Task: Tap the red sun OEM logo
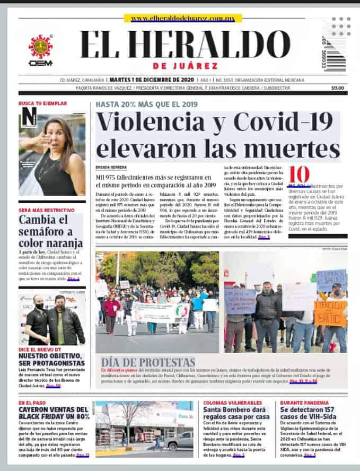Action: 40,47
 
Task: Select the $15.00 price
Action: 337,88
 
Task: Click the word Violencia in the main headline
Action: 154,123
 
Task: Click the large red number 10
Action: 299,175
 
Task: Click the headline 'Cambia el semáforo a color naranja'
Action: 51,231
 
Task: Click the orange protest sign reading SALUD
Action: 330,313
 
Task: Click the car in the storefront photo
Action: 178,440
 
